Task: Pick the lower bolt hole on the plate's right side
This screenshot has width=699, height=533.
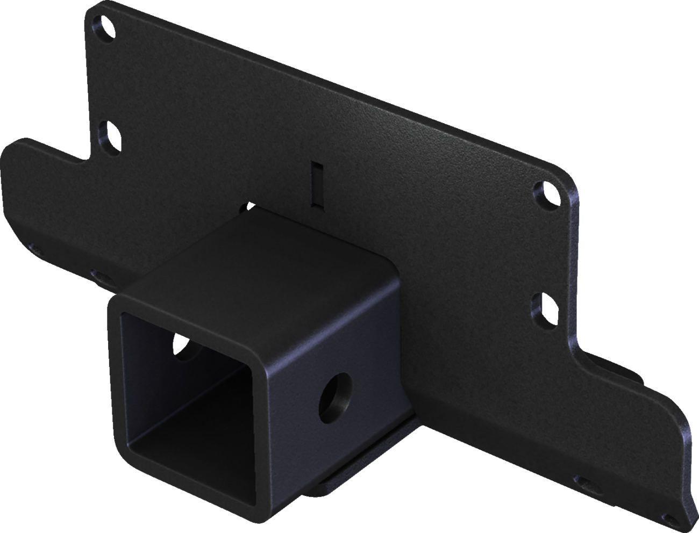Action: (x=544, y=306)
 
